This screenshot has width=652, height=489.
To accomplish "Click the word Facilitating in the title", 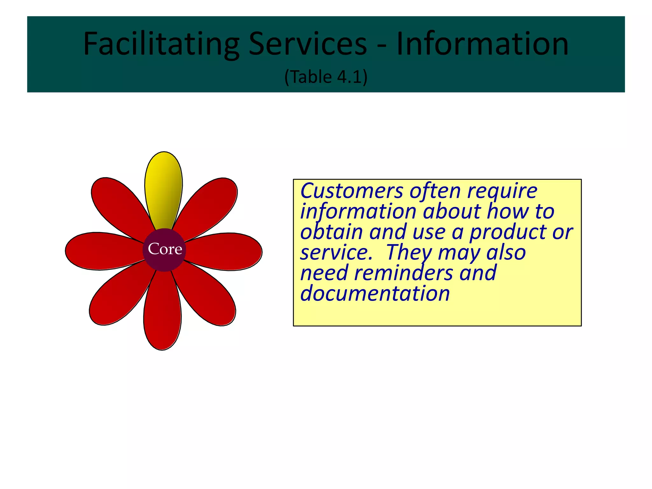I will [161, 44].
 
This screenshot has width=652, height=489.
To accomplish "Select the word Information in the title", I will [482, 44].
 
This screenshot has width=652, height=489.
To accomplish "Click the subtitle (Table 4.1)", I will [326, 77].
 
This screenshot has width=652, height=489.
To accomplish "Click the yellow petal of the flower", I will [163, 188].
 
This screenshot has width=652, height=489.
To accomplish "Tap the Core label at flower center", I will [165, 249].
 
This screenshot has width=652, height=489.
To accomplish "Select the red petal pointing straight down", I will [162, 314].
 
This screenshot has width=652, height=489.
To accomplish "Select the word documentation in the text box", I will [375, 294].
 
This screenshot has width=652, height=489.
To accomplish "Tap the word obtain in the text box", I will [331, 232].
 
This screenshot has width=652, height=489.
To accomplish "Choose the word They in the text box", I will [409, 253].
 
